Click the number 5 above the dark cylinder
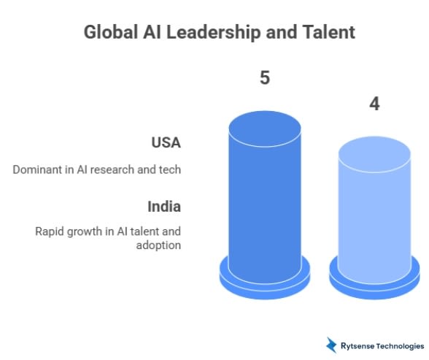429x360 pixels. [x=265, y=77]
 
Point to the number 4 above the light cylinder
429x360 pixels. [x=374, y=104]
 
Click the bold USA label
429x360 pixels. [x=166, y=142]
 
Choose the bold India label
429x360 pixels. [x=165, y=206]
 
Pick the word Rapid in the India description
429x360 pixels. [x=50, y=231]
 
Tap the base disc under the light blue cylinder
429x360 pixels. [x=374, y=283]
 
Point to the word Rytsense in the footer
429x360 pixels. [x=358, y=345]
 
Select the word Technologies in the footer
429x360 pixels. [x=401, y=345]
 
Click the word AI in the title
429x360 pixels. [x=150, y=32]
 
